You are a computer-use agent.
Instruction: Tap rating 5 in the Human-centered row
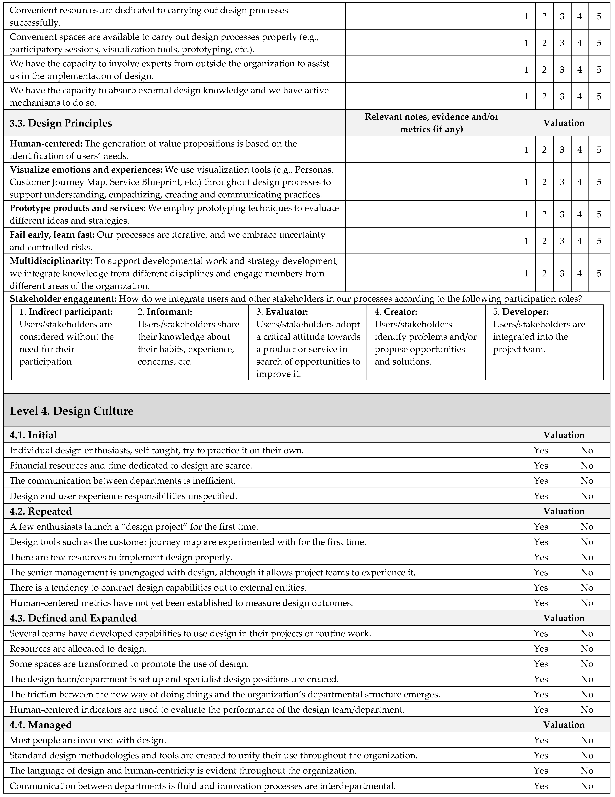[599, 150]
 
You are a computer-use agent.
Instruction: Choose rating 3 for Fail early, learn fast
[562, 241]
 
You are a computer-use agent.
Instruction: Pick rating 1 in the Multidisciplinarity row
[526, 273]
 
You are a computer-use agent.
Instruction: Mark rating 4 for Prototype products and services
[579, 214]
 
